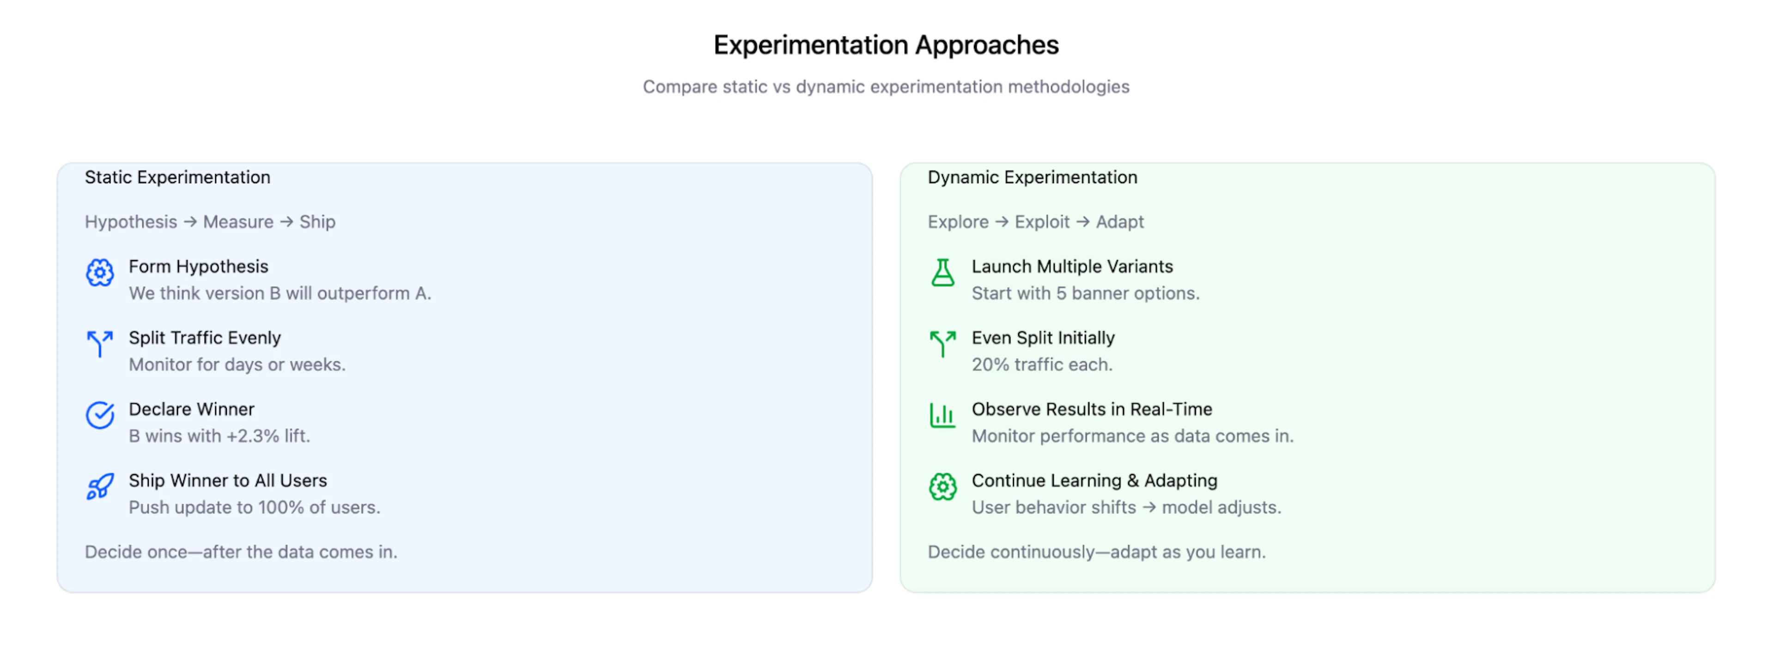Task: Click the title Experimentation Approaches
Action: coord(886,45)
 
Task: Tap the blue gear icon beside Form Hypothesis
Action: coord(100,273)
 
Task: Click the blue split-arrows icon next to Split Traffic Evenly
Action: coord(100,343)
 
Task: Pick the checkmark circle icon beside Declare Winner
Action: coord(100,415)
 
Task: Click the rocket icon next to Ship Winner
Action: coord(100,487)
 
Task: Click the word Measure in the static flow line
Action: coord(238,222)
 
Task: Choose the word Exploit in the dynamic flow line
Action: coord(1041,222)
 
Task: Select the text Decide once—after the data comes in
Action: coord(241,552)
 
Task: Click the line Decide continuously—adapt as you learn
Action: coord(1096,552)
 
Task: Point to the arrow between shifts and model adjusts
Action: coord(1148,508)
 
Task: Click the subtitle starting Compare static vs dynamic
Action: coord(886,87)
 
